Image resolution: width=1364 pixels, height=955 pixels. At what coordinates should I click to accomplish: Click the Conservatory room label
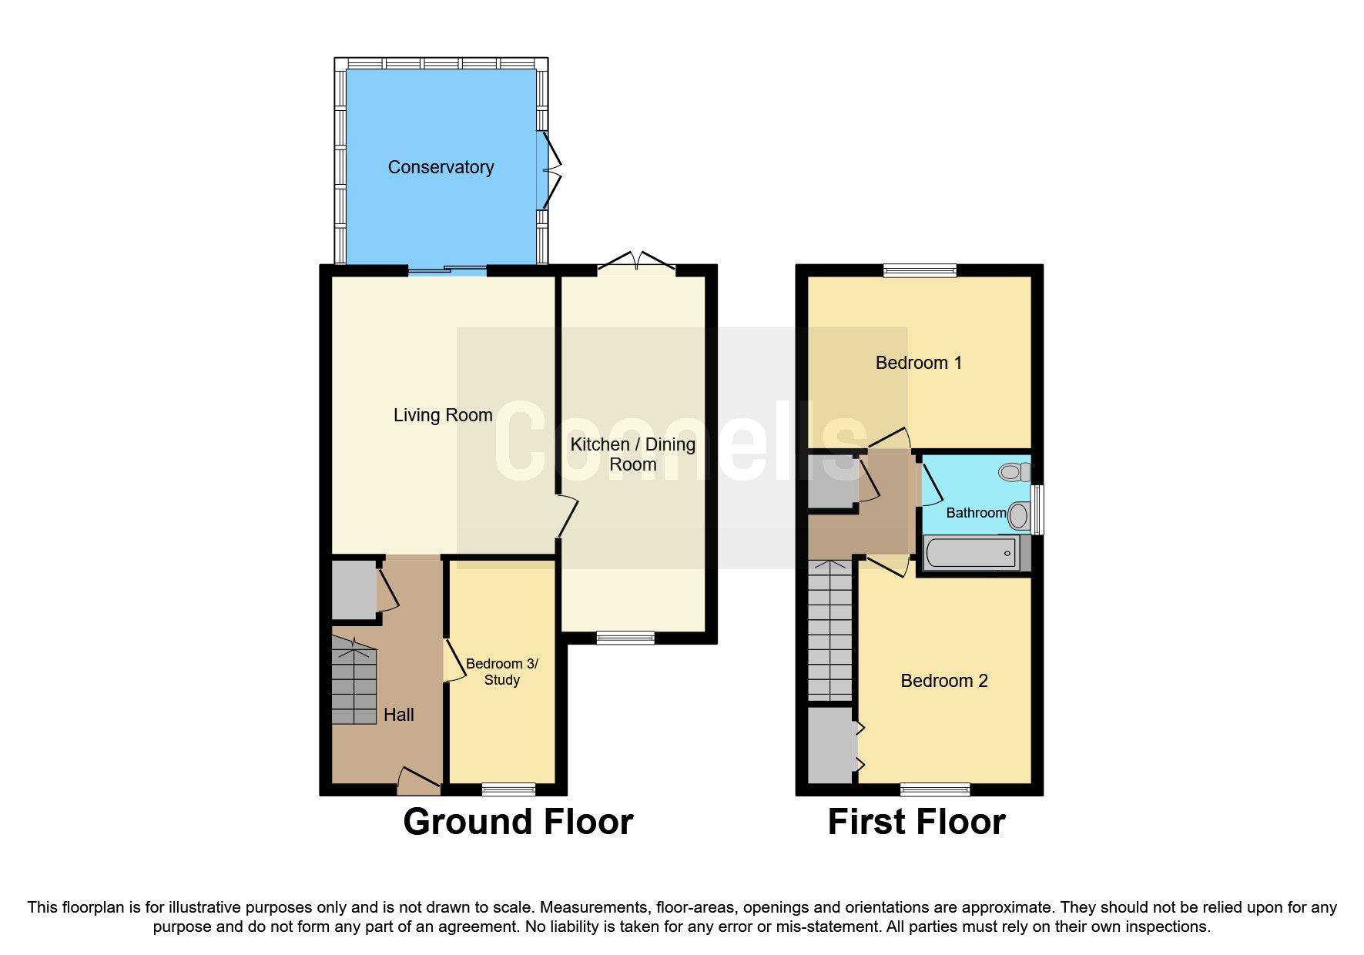point(441,167)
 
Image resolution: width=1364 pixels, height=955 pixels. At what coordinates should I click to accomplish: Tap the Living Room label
point(443,415)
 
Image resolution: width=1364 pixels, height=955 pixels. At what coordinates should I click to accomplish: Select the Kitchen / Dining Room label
point(632,454)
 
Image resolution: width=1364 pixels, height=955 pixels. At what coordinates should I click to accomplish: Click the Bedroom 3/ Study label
point(502,672)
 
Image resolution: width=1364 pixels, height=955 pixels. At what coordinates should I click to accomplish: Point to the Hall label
point(398,715)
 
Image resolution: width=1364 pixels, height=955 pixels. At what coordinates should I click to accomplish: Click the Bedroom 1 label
point(918,363)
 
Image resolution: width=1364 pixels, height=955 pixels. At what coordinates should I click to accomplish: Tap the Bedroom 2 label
point(943,681)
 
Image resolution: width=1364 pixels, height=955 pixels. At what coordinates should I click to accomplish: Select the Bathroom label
point(976,513)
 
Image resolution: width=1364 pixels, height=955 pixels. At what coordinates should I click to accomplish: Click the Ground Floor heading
point(518,822)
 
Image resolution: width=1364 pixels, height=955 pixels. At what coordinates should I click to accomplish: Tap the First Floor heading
point(916,822)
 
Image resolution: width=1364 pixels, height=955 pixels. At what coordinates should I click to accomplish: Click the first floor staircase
point(830,632)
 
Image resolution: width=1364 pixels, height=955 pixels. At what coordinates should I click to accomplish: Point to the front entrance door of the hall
point(418,783)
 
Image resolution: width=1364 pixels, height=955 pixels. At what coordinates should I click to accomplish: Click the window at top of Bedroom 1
point(920,270)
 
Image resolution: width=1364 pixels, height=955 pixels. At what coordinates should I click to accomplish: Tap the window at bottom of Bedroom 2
point(935,789)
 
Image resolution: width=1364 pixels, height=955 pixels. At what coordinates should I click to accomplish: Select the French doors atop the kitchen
point(636,263)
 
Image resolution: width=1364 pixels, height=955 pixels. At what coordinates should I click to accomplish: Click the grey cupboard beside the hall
point(353,590)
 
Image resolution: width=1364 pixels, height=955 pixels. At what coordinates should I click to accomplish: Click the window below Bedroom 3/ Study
point(508,789)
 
